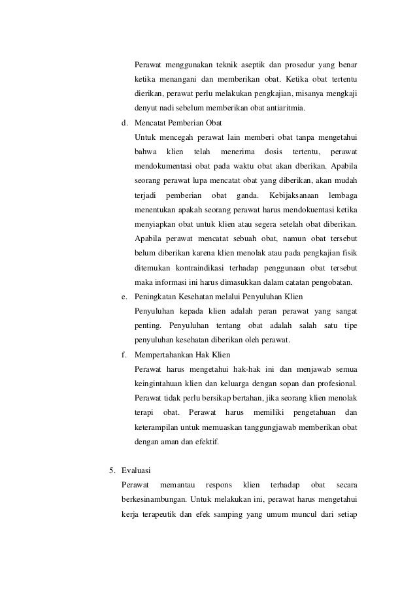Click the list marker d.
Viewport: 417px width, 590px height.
coord(124,122)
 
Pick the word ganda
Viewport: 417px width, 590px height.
coord(242,195)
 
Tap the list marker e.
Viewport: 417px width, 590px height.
coord(124,297)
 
